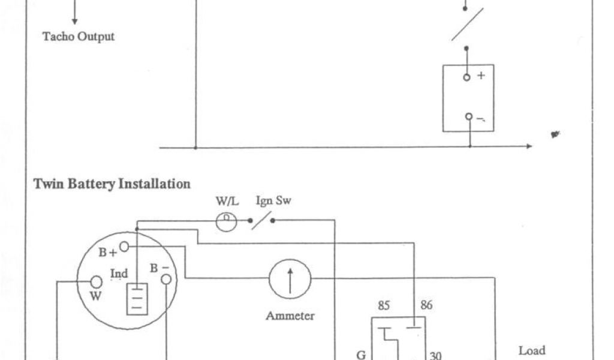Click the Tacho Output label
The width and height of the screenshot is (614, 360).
pos(78,37)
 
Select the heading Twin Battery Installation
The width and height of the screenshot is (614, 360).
pos(112,184)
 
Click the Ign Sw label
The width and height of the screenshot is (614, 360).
pos(273,200)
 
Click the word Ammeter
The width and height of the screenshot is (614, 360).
pos(290,316)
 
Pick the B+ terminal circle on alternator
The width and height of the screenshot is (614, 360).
pos(124,246)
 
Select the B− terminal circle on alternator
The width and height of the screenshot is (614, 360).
pos(165,278)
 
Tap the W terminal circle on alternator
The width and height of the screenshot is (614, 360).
pos(95,282)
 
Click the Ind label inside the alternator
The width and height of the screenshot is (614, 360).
pos(119,274)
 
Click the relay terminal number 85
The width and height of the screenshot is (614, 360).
pos(384,305)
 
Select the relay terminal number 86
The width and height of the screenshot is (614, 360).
pos(426,305)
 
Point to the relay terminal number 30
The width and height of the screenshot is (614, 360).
pos(436,355)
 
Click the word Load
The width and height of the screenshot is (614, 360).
pos(532,350)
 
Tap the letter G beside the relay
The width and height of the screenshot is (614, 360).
pos(361,355)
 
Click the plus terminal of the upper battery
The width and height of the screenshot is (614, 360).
pos(467,77)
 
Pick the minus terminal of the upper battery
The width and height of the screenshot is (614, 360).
pos(468,117)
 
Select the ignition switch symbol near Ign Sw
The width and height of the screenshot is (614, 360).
pos(261,222)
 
